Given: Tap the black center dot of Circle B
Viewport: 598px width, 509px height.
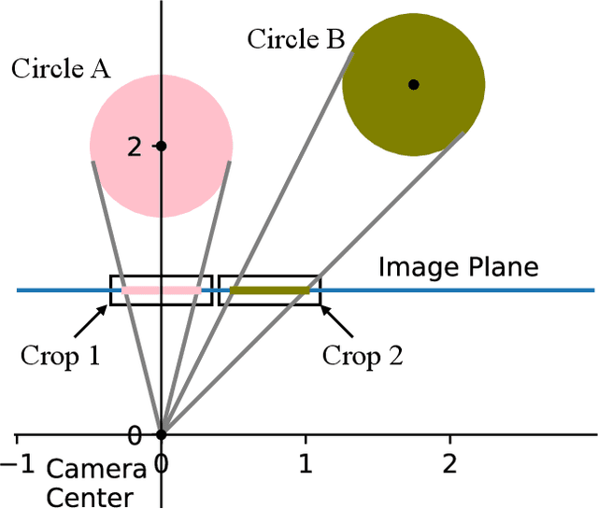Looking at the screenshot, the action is pos(414,84).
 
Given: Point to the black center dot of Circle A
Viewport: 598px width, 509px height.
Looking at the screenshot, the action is pos(161,146).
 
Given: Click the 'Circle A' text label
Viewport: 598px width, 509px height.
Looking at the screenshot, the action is pos(61,69).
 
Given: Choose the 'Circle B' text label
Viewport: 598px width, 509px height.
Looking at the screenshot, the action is pos(296,39).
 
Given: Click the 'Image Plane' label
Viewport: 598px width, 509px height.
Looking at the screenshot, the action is pos(459,267).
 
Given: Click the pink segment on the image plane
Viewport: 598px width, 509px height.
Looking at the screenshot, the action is pos(161,290).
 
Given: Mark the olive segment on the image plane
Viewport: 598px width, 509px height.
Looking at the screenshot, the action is pos(270,290).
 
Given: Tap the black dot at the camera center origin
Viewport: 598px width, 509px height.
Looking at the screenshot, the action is pos(161,434).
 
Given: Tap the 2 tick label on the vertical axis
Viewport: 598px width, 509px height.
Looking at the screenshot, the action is pos(134,147).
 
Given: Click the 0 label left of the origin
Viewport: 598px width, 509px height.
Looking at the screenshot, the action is pos(134,435).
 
